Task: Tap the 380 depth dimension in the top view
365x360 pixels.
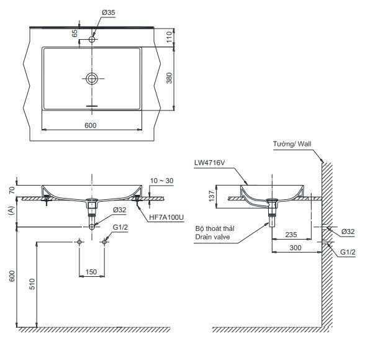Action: [x=178, y=78]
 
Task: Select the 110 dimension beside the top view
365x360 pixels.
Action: [x=178, y=38]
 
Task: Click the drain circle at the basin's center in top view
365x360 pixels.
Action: [x=92, y=78]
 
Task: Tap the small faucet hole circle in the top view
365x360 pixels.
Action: [x=92, y=40]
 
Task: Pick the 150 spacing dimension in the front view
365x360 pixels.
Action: [x=91, y=271]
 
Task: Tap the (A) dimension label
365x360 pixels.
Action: [x=11, y=211]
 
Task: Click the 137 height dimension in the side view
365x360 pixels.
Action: [x=211, y=197]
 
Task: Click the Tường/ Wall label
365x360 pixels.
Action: [x=292, y=144]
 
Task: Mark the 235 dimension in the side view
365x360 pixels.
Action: [x=291, y=235]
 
